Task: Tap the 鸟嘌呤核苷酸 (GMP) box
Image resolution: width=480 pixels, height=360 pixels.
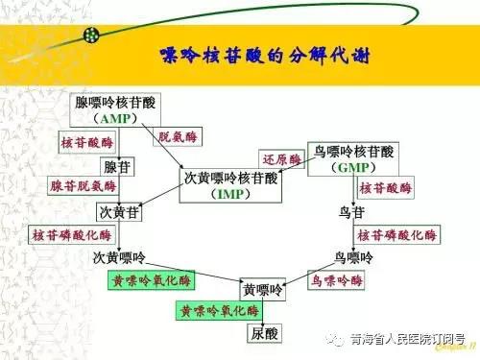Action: (353, 158)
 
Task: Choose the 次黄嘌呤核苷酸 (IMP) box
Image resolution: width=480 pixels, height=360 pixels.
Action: (230, 185)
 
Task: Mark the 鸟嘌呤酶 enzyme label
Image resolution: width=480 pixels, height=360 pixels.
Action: (337, 280)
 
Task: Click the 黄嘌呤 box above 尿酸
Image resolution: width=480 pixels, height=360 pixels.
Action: (263, 289)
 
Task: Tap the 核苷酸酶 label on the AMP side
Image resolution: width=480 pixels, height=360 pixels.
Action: (85, 141)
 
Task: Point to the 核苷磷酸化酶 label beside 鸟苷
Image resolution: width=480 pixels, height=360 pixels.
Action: (397, 234)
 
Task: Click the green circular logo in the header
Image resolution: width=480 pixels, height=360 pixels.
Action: (93, 34)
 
